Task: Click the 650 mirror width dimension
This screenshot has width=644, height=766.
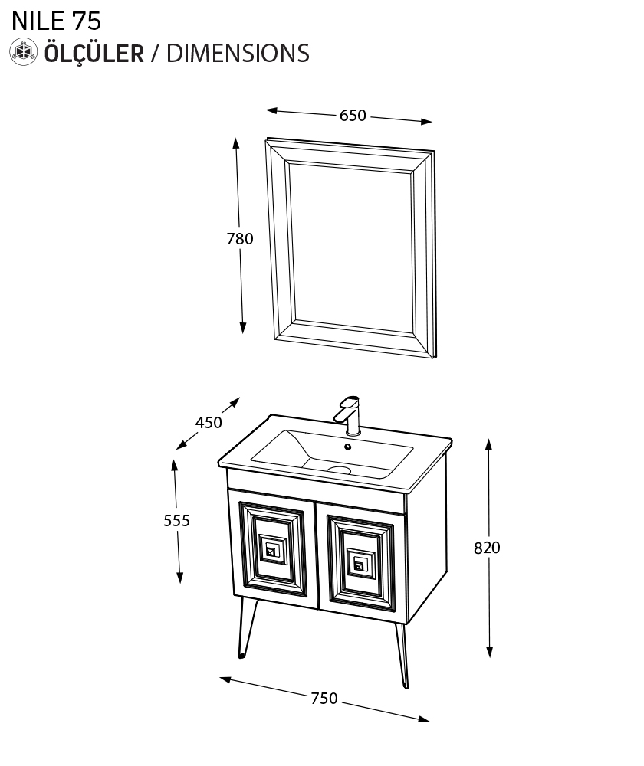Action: pyautogui.click(x=353, y=116)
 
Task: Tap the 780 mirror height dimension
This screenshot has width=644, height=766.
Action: pyautogui.click(x=240, y=238)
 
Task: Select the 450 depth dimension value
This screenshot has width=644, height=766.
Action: pyautogui.click(x=209, y=422)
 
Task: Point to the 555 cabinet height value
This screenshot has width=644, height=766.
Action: pyautogui.click(x=176, y=520)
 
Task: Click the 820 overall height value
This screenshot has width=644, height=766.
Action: pyautogui.click(x=487, y=548)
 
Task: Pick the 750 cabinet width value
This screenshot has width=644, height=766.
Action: pyautogui.click(x=324, y=698)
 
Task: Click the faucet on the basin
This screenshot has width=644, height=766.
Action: pyautogui.click(x=349, y=415)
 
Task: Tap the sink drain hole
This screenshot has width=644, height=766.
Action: pyautogui.click(x=339, y=470)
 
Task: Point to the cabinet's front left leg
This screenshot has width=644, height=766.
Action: pyautogui.click(x=246, y=627)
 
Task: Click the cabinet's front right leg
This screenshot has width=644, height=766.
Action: pyautogui.click(x=402, y=656)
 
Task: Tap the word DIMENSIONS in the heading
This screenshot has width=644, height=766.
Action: pyautogui.click(x=238, y=54)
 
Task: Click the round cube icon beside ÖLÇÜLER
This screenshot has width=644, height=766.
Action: pyautogui.click(x=24, y=52)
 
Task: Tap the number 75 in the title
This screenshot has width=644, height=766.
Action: pyautogui.click(x=87, y=21)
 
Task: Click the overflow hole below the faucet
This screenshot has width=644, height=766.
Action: pyautogui.click(x=347, y=447)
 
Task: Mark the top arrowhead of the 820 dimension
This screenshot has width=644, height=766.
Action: pyautogui.click(x=488, y=444)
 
